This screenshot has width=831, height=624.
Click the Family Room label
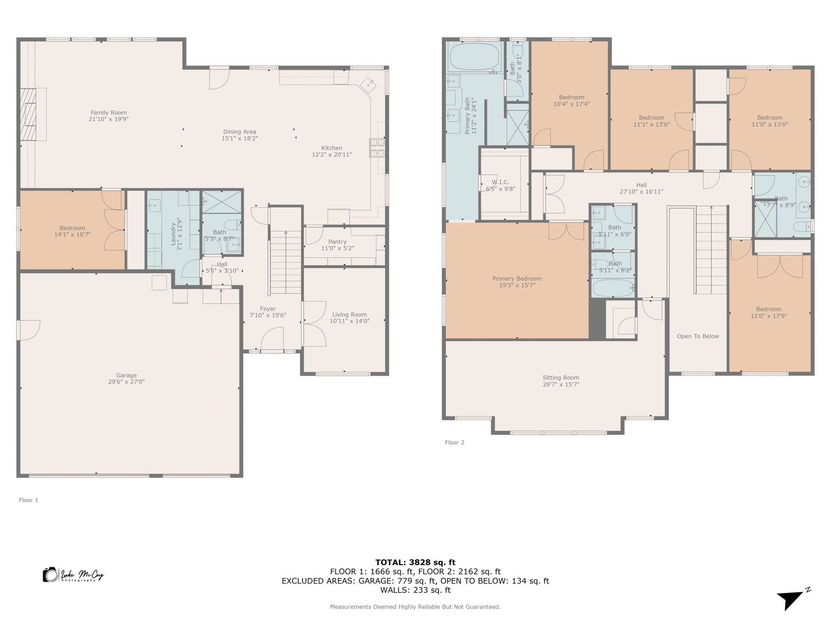tap(109, 113)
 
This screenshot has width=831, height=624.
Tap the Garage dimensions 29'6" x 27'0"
tap(126, 382)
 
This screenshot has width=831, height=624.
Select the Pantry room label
tap(337, 242)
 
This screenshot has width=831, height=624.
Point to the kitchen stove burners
tap(377, 147)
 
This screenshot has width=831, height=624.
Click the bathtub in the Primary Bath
tap(474, 57)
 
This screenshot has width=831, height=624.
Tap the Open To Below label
tap(698, 336)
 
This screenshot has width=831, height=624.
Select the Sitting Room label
tap(560, 377)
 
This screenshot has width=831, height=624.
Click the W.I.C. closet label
tap(500, 182)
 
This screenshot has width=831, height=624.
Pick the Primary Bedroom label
tap(517, 279)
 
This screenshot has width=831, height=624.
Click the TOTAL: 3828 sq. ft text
tap(415, 562)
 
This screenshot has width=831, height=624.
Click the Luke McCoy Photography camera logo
tap(51, 575)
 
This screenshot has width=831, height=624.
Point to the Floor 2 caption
tap(454, 442)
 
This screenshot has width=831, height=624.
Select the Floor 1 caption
tap(29, 500)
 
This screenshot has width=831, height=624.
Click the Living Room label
tap(349, 315)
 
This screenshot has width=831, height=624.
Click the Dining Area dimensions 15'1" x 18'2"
tap(239, 139)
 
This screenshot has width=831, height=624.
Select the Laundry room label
tap(174, 234)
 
